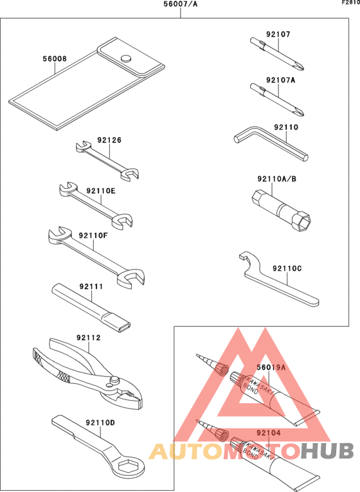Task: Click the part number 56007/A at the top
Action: pos(180,6)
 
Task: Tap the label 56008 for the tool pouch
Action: pos(55,59)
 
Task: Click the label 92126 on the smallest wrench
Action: pos(109,140)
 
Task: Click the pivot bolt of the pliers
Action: pos(115,381)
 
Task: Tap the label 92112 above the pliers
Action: pos(89,336)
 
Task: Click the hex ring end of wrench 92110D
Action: pos(132,468)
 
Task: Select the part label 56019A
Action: pos(271,368)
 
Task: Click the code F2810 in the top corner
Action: pos(350,3)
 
